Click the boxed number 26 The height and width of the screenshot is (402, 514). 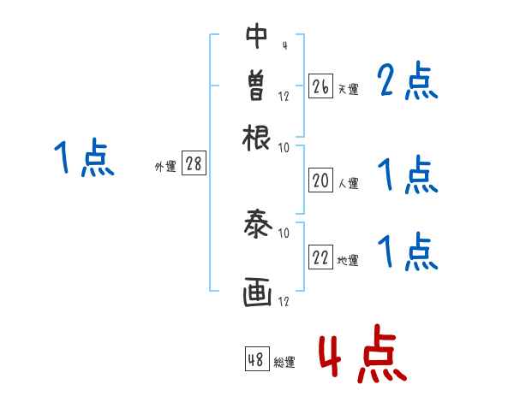[320, 87]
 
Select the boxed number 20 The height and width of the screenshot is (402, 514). [320, 180]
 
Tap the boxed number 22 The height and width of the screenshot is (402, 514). [320, 258]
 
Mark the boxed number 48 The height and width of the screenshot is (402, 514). [256, 359]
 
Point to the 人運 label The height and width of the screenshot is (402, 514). [348, 182]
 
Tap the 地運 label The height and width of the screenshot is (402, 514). [348, 260]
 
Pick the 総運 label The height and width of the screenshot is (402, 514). [284, 362]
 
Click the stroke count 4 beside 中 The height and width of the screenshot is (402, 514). [284, 44]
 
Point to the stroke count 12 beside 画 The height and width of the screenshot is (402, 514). [284, 300]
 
